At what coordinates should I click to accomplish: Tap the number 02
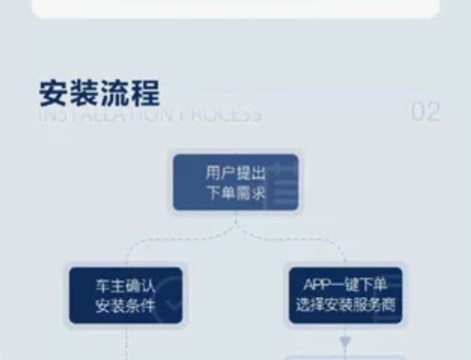coord(425,112)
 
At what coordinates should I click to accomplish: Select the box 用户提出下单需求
coord(235,181)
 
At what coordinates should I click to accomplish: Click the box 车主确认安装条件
coord(125,295)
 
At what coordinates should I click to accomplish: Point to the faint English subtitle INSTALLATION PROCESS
coord(150,114)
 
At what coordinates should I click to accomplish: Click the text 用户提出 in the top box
coord(235,172)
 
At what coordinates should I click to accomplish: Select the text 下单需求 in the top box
coord(235,192)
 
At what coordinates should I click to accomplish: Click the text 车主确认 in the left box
coord(125,285)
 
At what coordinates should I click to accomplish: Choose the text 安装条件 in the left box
coord(125,306)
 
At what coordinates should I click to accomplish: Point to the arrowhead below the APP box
coord(345,343)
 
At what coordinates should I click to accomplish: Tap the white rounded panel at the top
coord(235,9)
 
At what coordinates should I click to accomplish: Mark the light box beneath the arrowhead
coord(345,356)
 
